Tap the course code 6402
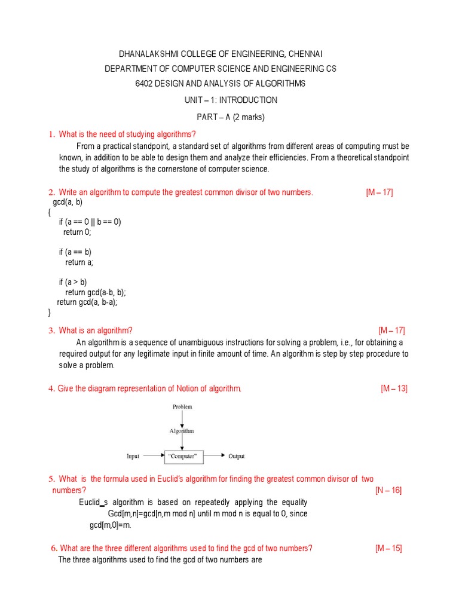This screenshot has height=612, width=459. [147, 84]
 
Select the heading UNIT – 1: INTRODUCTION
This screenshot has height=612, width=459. [230, 100]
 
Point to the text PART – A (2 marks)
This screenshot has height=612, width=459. [230, 117]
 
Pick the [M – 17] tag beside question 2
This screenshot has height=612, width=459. [379, 192]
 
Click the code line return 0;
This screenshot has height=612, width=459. [77, 232]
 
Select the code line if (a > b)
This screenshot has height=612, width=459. [73, 282]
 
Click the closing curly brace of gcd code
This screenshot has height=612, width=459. [50, 313]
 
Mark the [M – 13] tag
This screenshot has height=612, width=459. [394, 388]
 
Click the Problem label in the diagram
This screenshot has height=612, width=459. [182, 406]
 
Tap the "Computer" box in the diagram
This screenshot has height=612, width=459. [183, 456]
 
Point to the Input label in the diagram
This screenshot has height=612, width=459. [133, 456]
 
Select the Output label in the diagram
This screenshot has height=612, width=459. [237, 456]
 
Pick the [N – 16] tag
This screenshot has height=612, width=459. [388, 491]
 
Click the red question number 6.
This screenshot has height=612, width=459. [54, 549]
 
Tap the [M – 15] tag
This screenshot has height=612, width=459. [388, 549]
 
